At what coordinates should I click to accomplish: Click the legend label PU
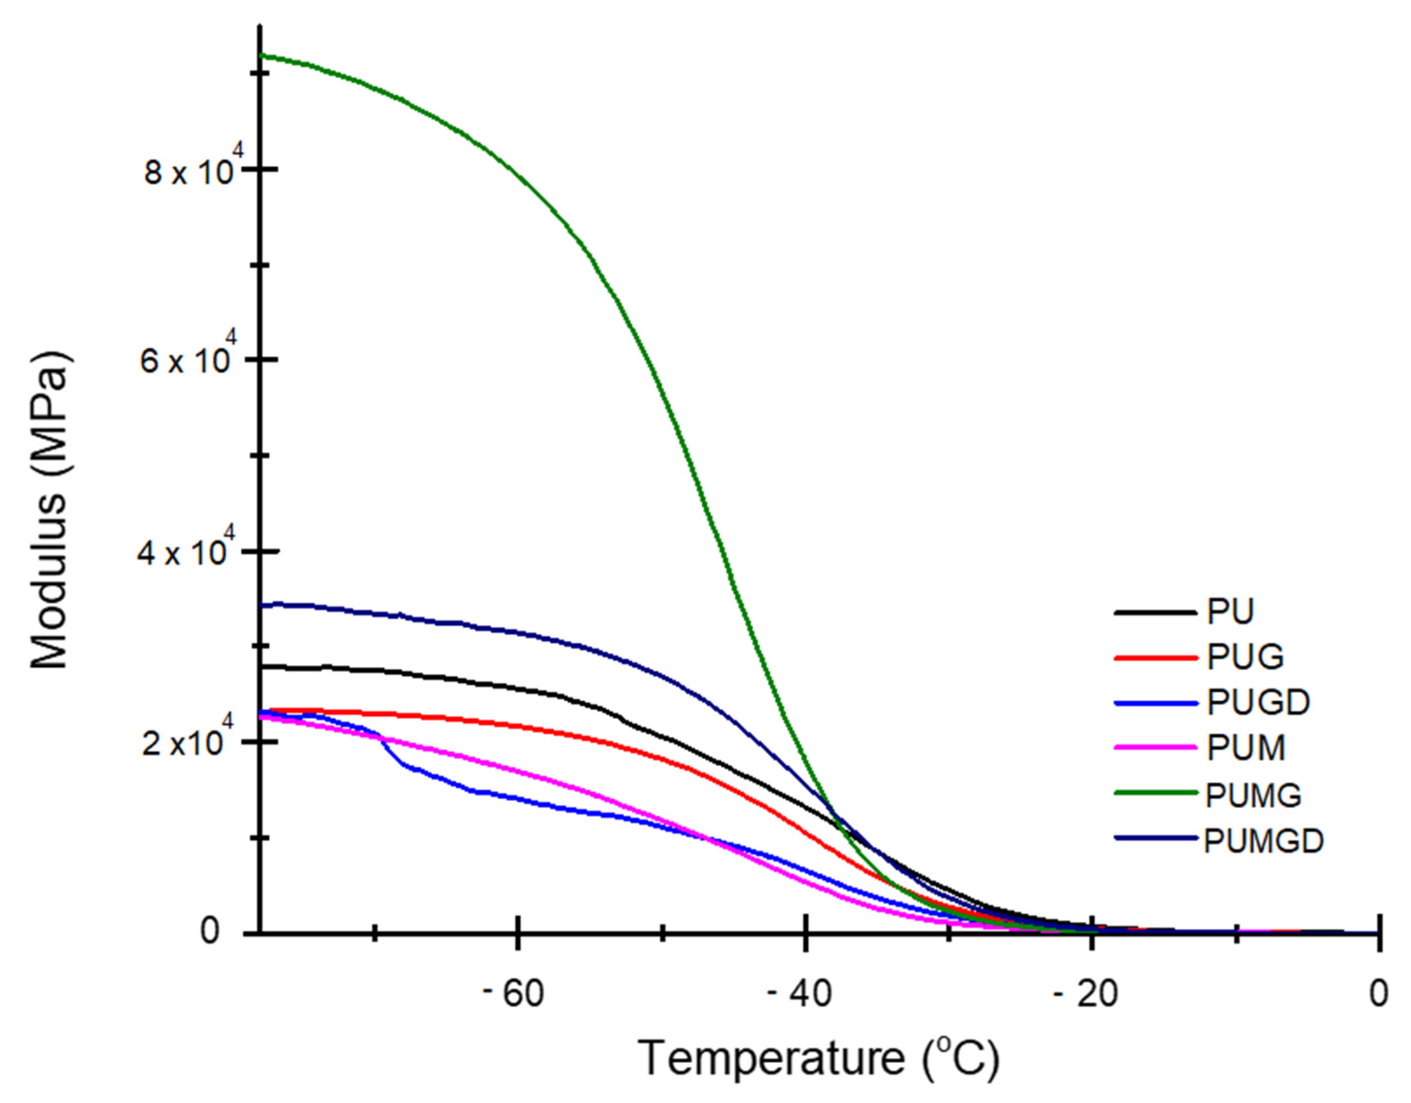pyautogui.click(x=1230, y=611)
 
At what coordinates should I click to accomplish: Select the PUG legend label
pyautogui.click(x=1245, y=657)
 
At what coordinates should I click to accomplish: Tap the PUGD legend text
pyautogui.click(x=1258, y=702)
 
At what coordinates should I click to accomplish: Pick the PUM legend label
pyautogui.click(x=1246, y=748)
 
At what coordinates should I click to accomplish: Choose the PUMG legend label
pyautogui.click(x=1253, y=795)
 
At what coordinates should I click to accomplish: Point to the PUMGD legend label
pyautogui.click(x=1264, y=840)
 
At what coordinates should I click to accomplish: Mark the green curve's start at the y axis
pyautogui.click(x=261, y=56)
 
